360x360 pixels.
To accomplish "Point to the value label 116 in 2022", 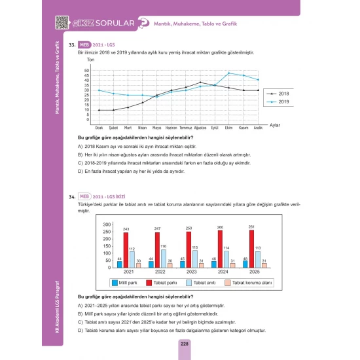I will point(163,245).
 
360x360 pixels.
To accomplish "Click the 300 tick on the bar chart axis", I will point(107,225).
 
